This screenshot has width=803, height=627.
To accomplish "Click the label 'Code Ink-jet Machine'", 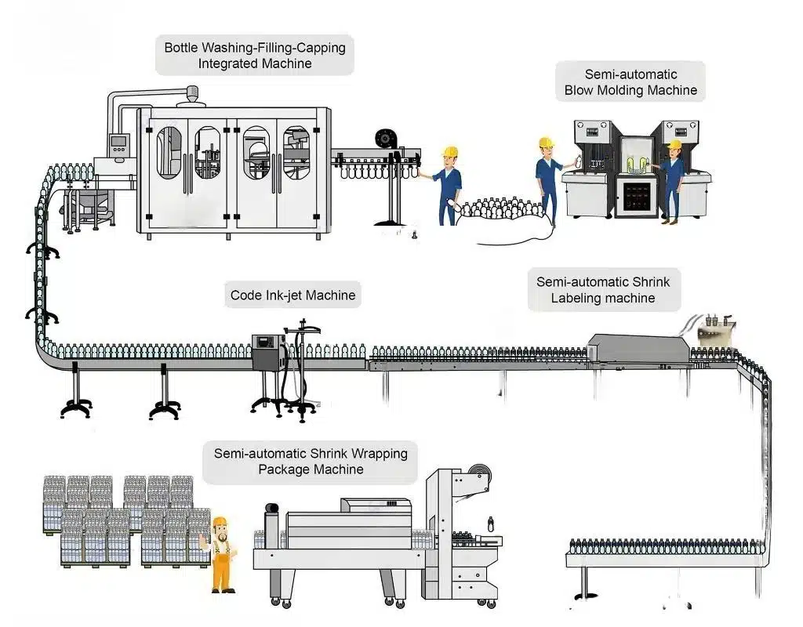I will point(292,295).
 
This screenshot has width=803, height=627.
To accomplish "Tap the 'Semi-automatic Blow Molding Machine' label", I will point(630,82).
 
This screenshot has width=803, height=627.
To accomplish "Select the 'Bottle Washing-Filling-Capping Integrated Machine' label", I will point(255,56).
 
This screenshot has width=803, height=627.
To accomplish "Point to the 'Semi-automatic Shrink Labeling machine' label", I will point(603,289).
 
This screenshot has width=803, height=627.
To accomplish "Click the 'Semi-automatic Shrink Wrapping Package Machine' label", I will point(311,461).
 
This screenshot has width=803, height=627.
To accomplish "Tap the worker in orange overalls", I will point(222,554).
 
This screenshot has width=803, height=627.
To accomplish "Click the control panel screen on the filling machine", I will point(119,145).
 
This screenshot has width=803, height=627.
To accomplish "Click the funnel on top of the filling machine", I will point(190,98).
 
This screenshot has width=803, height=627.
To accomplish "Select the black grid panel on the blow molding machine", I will point(634,194).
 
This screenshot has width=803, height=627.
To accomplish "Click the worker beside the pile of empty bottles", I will point(448,184).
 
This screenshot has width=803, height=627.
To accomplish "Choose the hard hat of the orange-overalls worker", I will point(220,524).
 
